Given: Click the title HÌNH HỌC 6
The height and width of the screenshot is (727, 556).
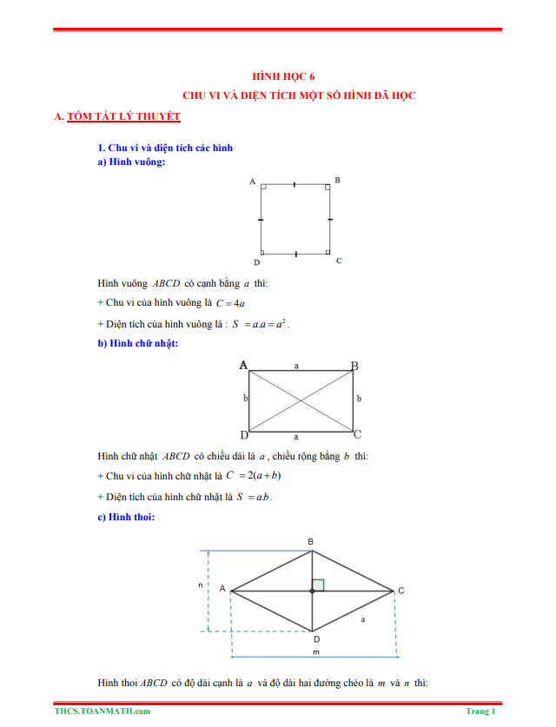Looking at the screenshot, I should click(x=277, y=76).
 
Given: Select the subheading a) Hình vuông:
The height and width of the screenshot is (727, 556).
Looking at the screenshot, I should click(x=132, y=162).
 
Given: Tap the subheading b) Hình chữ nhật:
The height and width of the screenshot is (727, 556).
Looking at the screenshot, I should click(x=138, y=344).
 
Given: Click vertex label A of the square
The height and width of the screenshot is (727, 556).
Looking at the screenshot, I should click(x=252, y=182).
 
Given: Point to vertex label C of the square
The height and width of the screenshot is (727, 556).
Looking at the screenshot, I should click(x=338, y=261).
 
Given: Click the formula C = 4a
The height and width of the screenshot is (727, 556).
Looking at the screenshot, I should click(x=230, y=303).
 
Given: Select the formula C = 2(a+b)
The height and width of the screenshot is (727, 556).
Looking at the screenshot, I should click(x=254, y=476).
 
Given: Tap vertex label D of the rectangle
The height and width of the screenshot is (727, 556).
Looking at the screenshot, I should click(x=244, y=434).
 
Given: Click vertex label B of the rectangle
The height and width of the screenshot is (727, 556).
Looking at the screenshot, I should click(x=354, y=366).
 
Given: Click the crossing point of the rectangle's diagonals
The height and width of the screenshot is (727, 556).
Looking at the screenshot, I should click(x=301, y=400).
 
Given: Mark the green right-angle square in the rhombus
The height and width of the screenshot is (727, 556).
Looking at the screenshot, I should click(x=318, y=585).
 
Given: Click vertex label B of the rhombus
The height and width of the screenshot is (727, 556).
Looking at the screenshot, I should click(x=312, y=542).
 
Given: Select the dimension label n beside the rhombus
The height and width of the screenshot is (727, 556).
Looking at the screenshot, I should click(x=200, y=585).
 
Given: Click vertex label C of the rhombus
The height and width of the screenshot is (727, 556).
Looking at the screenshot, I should click(x=400, y=592).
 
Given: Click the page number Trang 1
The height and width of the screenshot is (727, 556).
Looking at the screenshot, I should click(x=480, y=711).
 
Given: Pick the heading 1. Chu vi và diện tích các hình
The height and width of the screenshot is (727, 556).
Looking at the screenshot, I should click(x=165, y=148).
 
